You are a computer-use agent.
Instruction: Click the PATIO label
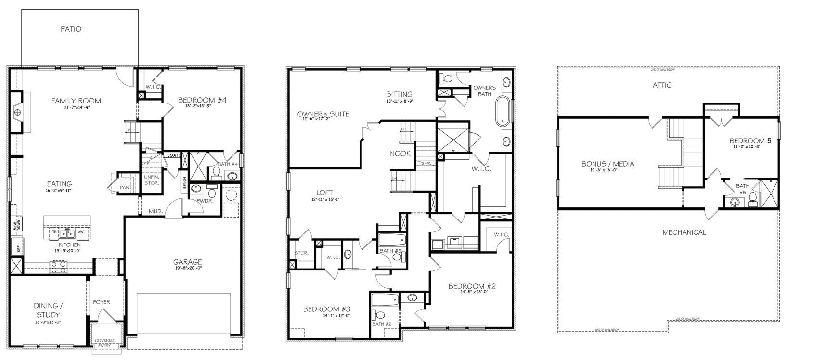tap(71, 29)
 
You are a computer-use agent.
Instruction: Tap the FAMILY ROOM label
tap(76, 101)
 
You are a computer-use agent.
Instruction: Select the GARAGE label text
tap(188, 262)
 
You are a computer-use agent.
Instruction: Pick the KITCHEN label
tap(66, 245)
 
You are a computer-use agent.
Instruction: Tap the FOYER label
tap(102, 302)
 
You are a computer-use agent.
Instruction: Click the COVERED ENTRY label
tap(104, 343)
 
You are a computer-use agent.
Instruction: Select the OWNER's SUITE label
tap(323, 114)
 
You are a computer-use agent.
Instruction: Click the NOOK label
tap(400, 154)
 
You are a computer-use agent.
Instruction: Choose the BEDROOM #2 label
tap(472, 286)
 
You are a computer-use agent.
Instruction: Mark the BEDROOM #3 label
tap(327, 309)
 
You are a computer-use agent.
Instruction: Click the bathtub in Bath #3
tap(390, 240)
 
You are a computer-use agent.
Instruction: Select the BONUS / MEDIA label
tap(607, 164)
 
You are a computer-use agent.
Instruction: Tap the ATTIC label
tap(662, 85)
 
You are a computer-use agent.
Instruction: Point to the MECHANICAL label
tap(684, 232)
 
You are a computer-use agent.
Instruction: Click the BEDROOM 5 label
tap(750, 141)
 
